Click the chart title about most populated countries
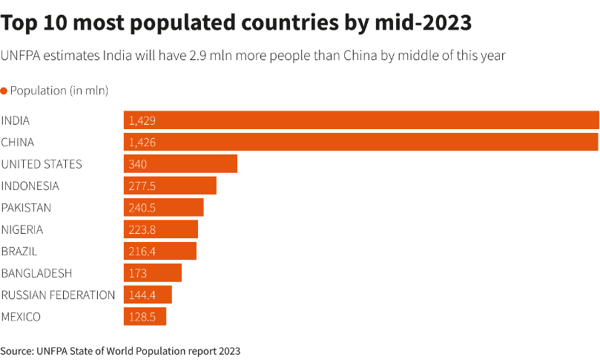(236, 23)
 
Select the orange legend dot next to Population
(4, 91)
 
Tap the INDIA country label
(16, 120)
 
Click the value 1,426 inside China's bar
(142, 143)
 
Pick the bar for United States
(180, 164)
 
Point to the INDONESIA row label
(30, 186)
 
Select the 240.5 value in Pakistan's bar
(142, 208)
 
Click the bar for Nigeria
(161, 229)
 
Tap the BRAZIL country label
(19, 251)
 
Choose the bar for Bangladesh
(152, 273)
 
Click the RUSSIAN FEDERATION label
(58, 295)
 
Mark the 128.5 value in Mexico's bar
(142, 317)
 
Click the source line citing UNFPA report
(120, 350)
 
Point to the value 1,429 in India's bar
(142, 120)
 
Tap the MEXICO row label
(21, 317)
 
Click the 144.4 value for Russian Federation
(142, 295)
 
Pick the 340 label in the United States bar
(138, 164)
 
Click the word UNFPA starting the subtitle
(22, 56)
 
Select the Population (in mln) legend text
(59, 91)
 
